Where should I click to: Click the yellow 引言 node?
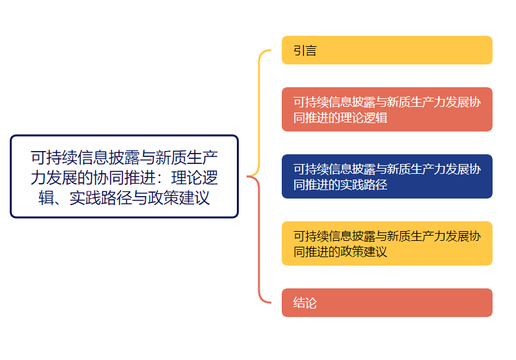pos(387,50)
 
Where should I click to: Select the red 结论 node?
pos(387,303)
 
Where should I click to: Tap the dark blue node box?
pos(387,176)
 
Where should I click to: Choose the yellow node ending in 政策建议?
pos(387,243)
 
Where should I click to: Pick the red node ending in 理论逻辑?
pos(387,109)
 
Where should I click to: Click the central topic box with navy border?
pos(124,176)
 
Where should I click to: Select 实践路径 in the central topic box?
pos(101,197)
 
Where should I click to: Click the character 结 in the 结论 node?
pos(299,303)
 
